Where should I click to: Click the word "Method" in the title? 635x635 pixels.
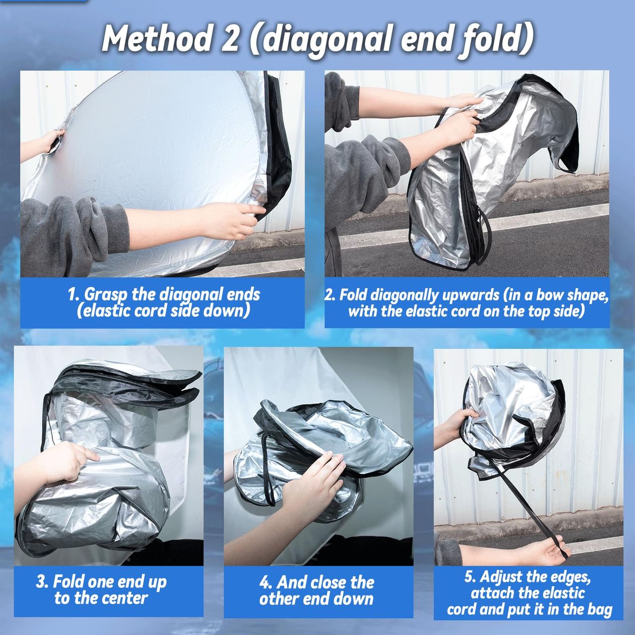156,39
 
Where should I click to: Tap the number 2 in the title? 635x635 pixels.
230,39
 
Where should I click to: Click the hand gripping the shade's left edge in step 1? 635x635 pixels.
50,142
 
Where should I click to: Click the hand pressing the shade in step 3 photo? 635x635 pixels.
66,461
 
